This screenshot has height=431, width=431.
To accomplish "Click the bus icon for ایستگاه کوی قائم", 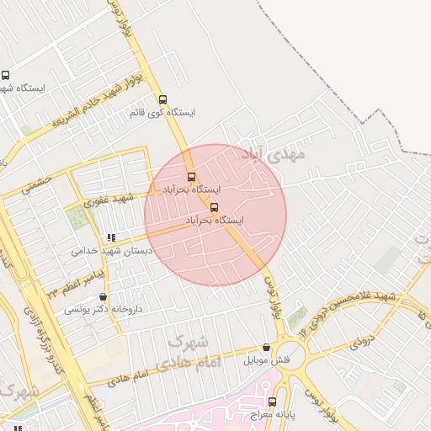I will pyautogui.click(x=162, y=98).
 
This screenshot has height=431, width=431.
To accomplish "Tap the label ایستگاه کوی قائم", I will pyautogui.click(x=163, y=112).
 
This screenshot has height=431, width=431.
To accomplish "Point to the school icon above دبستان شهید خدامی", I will pyautogui.click(x=111, y=237).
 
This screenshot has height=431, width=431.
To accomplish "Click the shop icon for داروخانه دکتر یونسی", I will pyautogui.click(x=104, y=296).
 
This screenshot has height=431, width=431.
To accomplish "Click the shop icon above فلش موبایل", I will pyautogui.click(x=267, y=347).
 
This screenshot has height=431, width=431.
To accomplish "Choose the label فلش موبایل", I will pyautogui.click(x=267, y=360).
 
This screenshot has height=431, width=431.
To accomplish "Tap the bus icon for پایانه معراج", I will pyautogui.click(x=271, y=402).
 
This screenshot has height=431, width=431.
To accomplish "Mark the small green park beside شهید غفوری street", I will pyautogui.click(x=77, y=217).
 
